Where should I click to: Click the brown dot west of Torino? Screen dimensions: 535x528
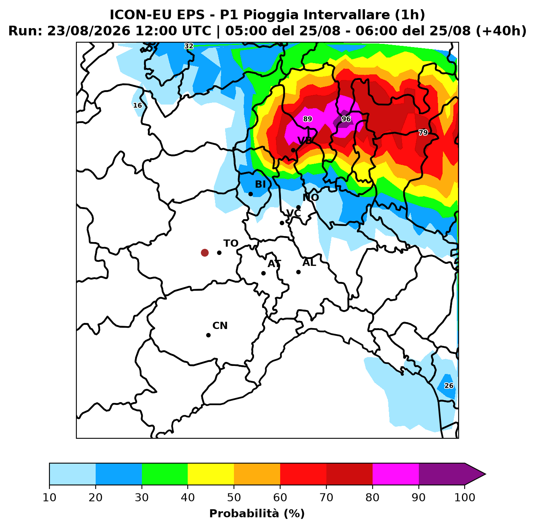click(205, 253)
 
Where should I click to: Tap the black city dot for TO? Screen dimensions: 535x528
click(219, 253)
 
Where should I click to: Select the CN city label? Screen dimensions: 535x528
click(220, 326)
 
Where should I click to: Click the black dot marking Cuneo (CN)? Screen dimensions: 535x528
click(208, 335)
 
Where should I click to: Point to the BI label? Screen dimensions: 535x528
click(260, 184)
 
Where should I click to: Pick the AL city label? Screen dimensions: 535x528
click(309, 263)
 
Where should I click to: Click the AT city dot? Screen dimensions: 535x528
click(263, 273)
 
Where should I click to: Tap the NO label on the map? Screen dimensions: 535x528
click(310, 197)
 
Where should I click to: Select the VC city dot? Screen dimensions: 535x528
click(282, 223)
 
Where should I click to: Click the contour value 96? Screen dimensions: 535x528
click(346, 119)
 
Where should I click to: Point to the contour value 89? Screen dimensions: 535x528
click(307, 119)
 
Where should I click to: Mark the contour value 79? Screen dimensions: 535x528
click(423, 133)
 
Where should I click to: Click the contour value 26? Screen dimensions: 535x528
click(449, 386)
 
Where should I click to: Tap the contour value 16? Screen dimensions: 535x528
click(137, 105)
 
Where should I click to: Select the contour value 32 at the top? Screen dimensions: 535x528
click(189, 46)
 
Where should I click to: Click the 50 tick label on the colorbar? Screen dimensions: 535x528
click(234, 497)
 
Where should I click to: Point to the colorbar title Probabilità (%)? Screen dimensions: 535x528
click(257, 514)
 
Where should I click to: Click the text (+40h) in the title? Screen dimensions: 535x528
click(501, 31)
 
